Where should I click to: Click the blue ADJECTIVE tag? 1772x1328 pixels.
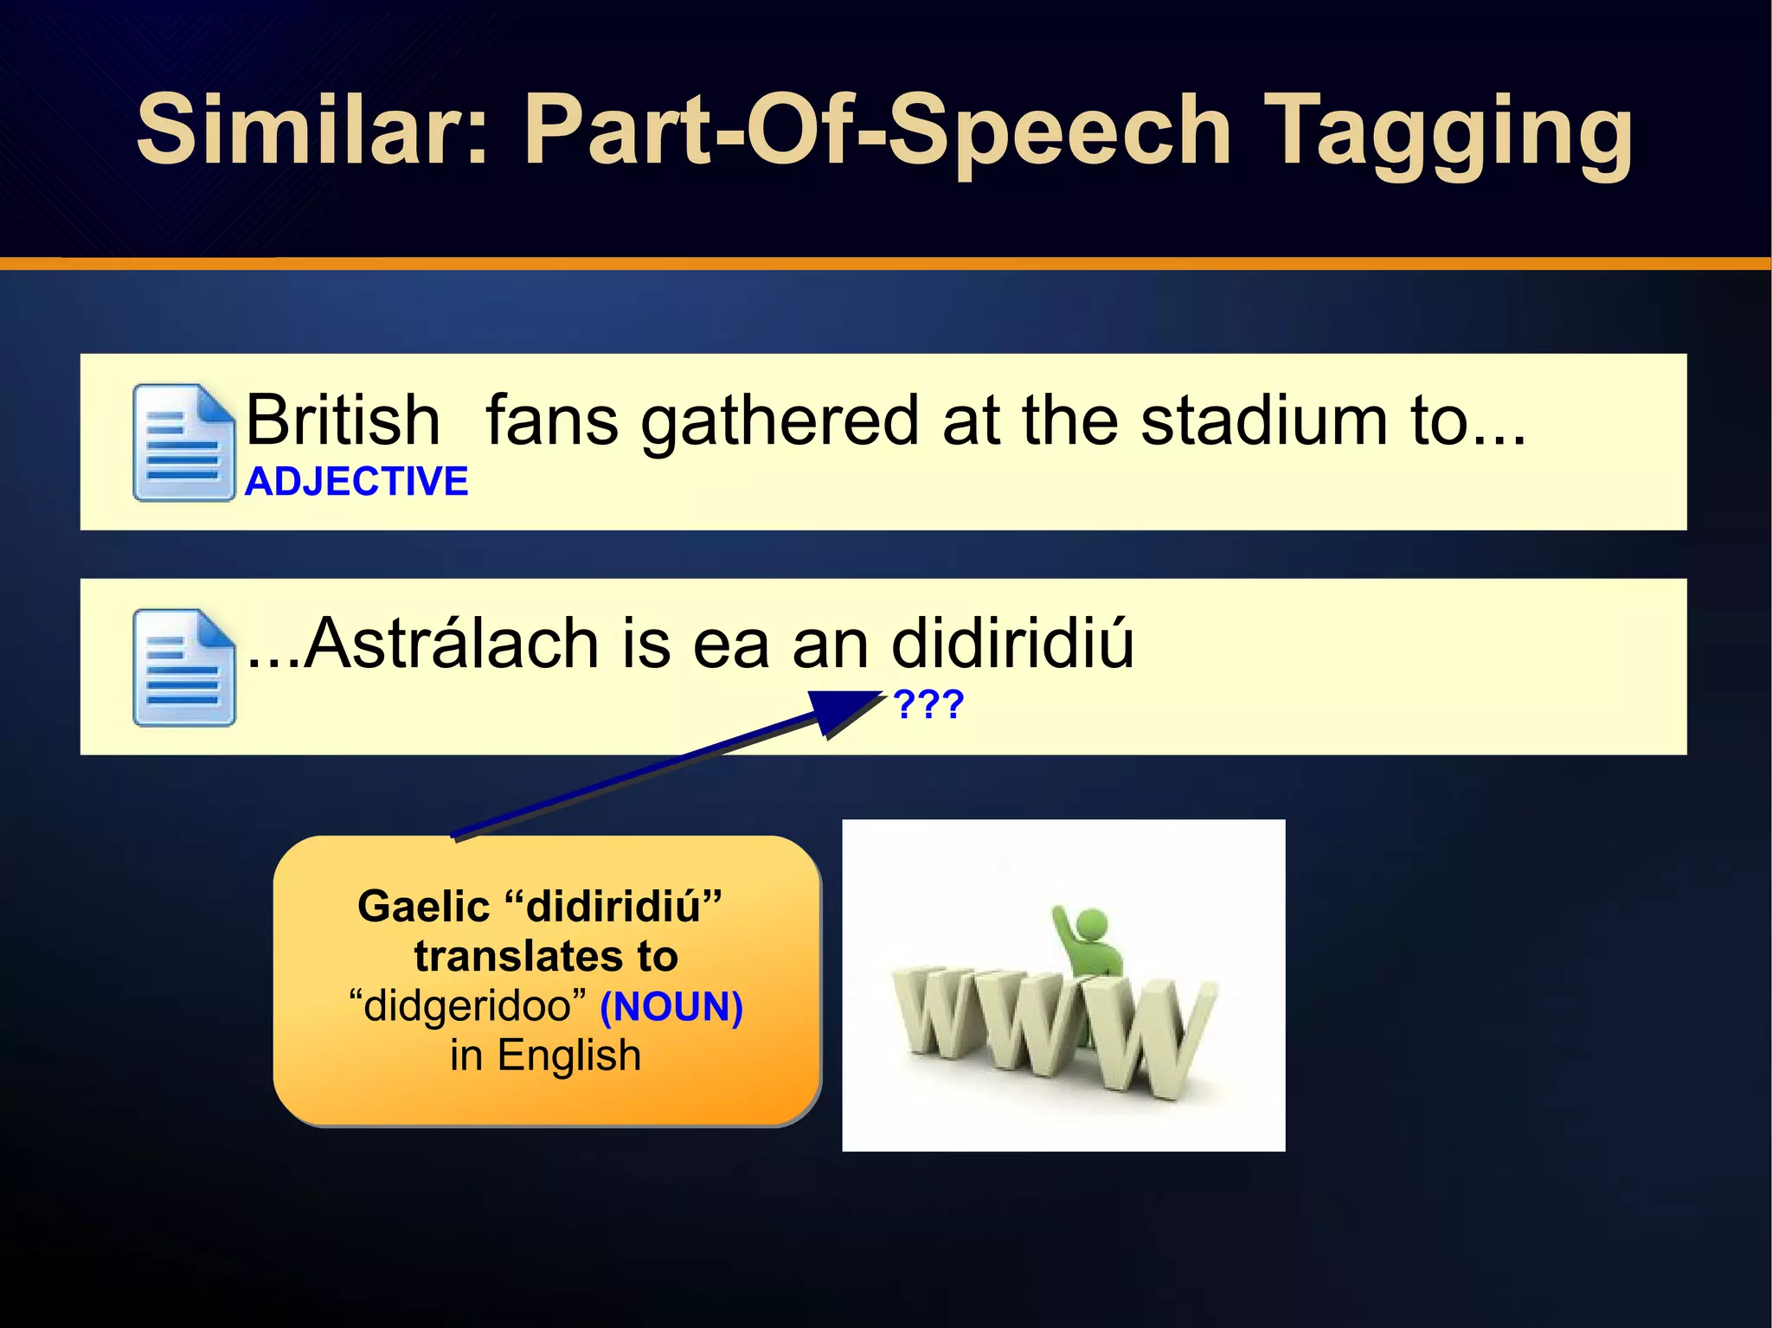[356, 481]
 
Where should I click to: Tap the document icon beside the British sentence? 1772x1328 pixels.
[183, 442]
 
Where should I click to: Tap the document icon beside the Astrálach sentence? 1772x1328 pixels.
[183, 667]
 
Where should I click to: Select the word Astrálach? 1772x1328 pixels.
[451, 644]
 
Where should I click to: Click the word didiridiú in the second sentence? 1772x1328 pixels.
[1011, 644]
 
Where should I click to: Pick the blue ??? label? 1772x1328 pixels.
[928, 704]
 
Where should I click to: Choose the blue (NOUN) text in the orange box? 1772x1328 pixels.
[671, 1006]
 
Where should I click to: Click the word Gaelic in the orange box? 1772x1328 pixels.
[423, 907]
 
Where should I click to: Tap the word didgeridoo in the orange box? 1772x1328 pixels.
[468, 1006]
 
